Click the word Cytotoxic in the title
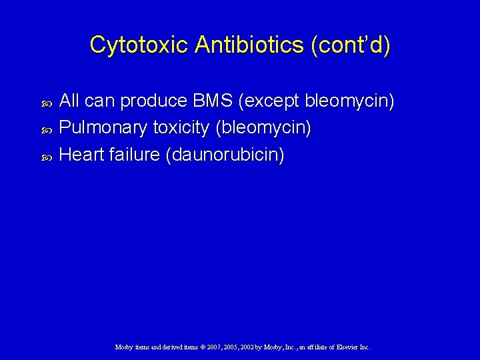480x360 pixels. pyautogui.click(x=139, y=45)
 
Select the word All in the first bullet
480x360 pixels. pyautogui.click(x=70, y=101)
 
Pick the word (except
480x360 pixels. pyautogui.click(x=271, y=101)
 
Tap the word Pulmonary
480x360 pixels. pyautogui.click(x=104, y=128)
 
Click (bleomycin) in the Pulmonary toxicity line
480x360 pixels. pyautogui.click(x=263, y=128)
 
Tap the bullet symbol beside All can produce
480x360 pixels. pyautogui.click(x=47, y=103)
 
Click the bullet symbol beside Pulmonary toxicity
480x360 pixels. pyautogui.click(x=47, y=129)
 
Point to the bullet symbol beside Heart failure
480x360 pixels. pyautogui.click(x=47, y=156)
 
